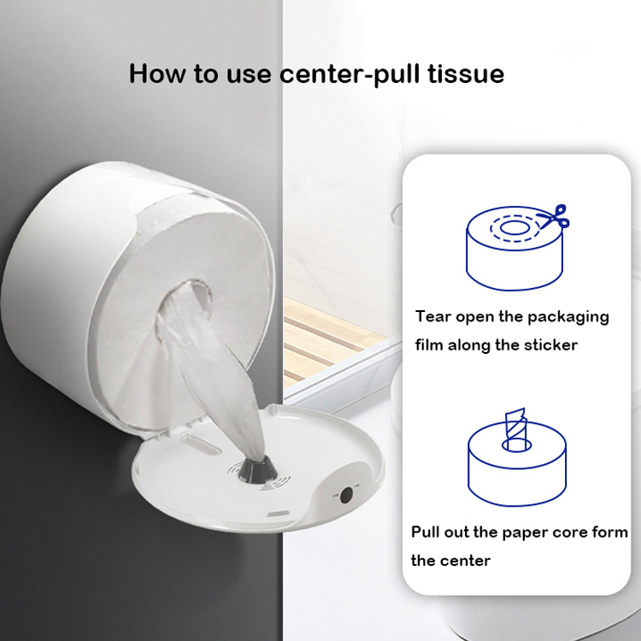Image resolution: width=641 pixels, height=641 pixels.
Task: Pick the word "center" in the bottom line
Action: pyautogui.click(x=467, y=561)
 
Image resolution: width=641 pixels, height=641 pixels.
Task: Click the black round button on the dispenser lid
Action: pyautogui.click(x=346, y=495)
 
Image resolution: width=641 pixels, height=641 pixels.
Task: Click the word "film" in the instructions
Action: pyautogui.click(x=432, y=345)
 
